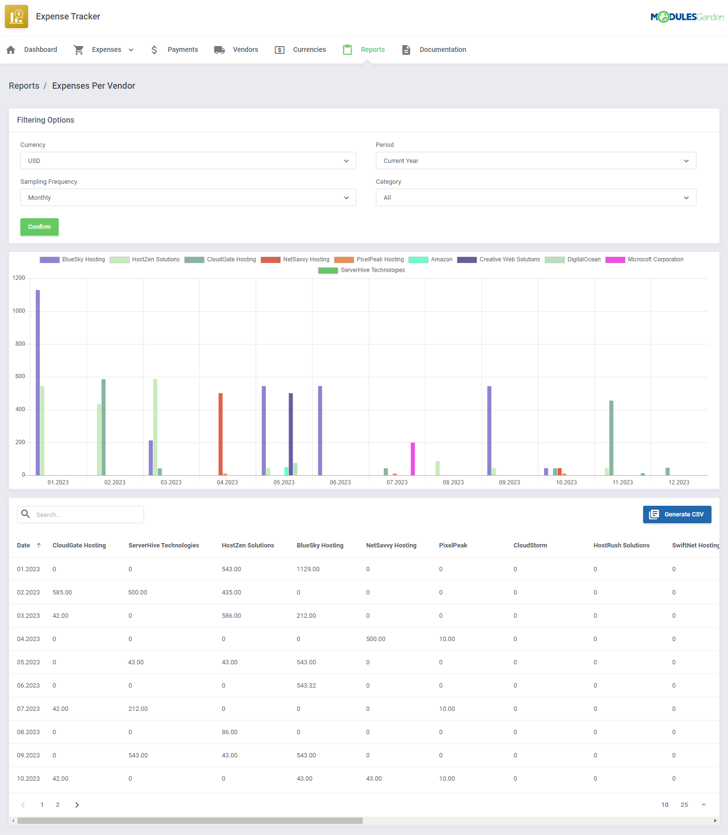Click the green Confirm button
click(x=39, y=227)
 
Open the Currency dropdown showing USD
click(x=188, y=161)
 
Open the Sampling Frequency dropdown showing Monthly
click(x=188, y=198)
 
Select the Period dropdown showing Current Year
click(x=535, y=161)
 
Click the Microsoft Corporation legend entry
click(x=645, y=259)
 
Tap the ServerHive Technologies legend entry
click(x=362, y=270)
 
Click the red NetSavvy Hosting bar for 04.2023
click(x=221, y=434)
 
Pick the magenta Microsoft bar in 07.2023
click(x=413, y=459)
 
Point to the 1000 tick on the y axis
click(x=19, y=311)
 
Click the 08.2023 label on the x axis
click(x=453, y=482)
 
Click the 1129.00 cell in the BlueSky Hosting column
click(x=308, y=569)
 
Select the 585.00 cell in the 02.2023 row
click(x=62, y=593)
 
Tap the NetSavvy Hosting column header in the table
click(x=391, y=546)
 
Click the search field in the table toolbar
click(x=87, y=514)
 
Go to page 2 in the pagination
click(x=58, y=805)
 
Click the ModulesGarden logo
click(x=687, y=17)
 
